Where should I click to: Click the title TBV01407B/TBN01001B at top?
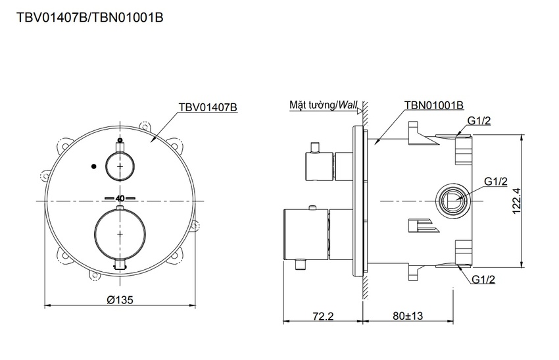click(90, 18)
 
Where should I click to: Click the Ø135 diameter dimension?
click(120, 299)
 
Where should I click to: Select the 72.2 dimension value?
click(323, 316)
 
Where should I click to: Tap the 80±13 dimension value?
click(408, 316)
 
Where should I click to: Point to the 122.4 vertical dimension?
click(517, 201)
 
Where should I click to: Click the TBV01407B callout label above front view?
click(208, 107)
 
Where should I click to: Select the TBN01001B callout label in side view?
click(434, 105)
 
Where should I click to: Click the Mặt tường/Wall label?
click(323, 105)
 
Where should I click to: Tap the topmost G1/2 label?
click(479, 121)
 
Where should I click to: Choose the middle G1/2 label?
click(496, 181)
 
